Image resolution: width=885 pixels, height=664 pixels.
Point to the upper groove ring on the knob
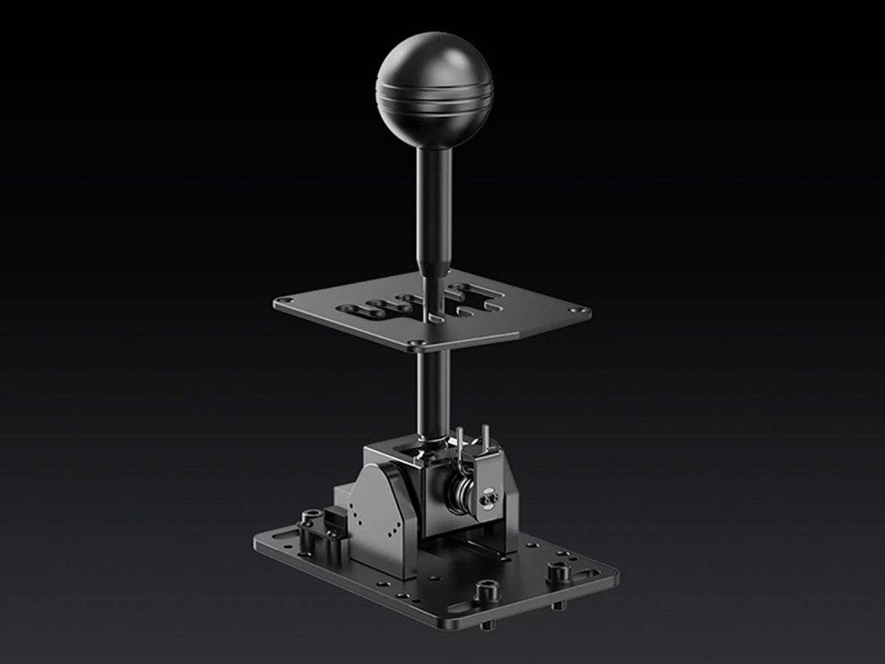click(x=434, y=96)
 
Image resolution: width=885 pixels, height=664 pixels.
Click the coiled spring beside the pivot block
click(x=462, y=490)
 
